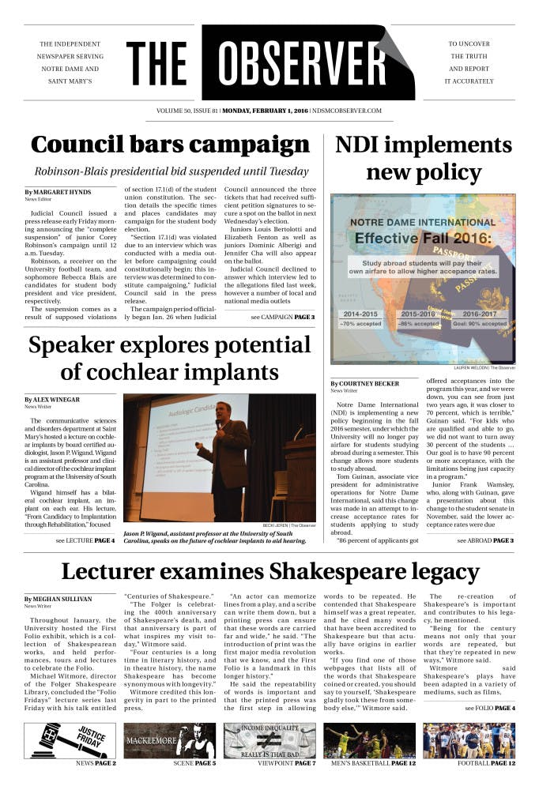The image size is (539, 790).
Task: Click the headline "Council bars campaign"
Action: [x=170, y=145]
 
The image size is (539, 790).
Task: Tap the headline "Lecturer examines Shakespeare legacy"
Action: [x=269, y=571]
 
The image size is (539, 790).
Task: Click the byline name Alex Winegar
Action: [x=58, y=400]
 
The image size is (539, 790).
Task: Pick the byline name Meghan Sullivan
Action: [x=61, y=598]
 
